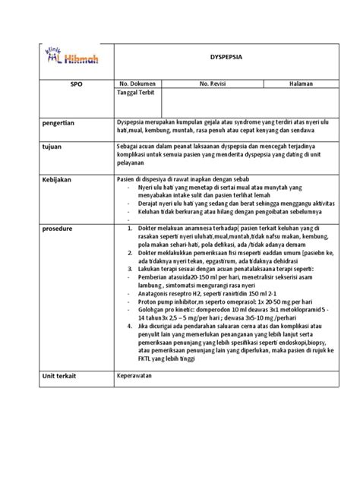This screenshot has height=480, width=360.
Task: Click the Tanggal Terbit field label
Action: pos(136,94)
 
